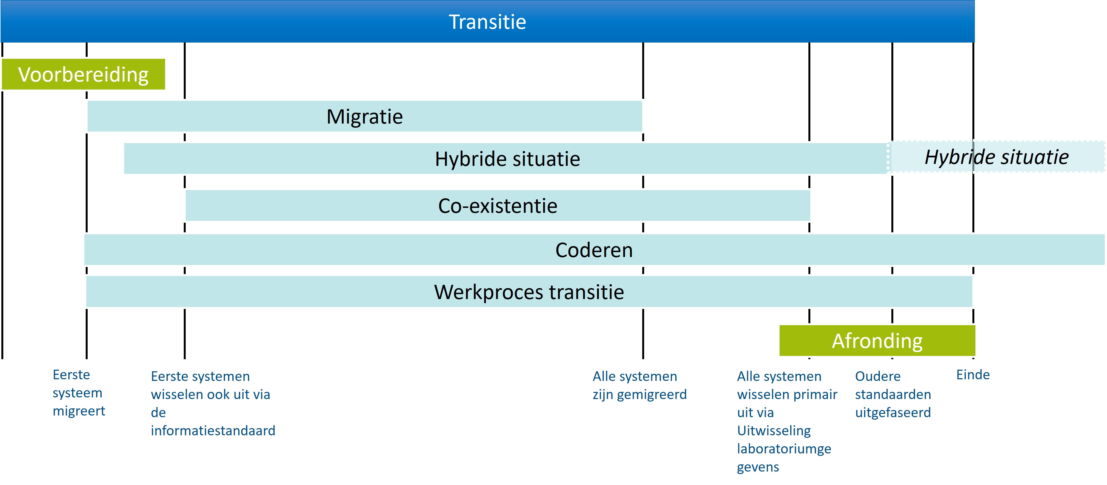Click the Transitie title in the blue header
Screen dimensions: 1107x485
[x=487, y=22]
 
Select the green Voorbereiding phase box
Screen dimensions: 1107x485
[x=84, y=74]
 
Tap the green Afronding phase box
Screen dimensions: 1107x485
[x=877, y=341]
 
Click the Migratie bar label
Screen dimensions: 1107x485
[x=365, y=116]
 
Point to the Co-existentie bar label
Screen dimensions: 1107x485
[x=498, y=205]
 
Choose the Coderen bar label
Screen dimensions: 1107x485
[x=594, y=250]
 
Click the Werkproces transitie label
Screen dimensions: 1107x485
[x=529, y=292]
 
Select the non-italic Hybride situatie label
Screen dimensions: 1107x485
[x=508, y=159]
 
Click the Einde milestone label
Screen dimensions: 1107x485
[x=973, y=375]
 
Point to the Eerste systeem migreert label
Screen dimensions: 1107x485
[x=79, y=393]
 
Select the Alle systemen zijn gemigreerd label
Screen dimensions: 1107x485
[x=639, y=385]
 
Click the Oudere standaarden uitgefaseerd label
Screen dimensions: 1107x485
[x=893, y=394]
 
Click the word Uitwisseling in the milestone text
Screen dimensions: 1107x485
[x=774, y=430]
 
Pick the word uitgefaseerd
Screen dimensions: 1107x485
[x=893, y=412]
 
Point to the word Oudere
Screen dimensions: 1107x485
[x=878, y=376]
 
